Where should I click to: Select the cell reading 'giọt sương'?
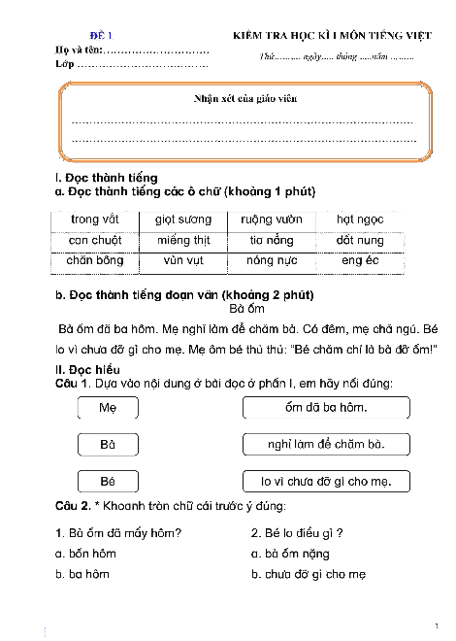183,219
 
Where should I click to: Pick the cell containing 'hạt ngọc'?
359,219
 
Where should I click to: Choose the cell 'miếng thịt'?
183,240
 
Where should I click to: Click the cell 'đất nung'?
359,240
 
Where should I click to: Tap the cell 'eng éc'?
359,260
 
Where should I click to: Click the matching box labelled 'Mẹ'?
107,409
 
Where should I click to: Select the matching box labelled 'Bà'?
107,445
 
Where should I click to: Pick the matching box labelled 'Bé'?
107,481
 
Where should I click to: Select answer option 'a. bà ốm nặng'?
290,554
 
